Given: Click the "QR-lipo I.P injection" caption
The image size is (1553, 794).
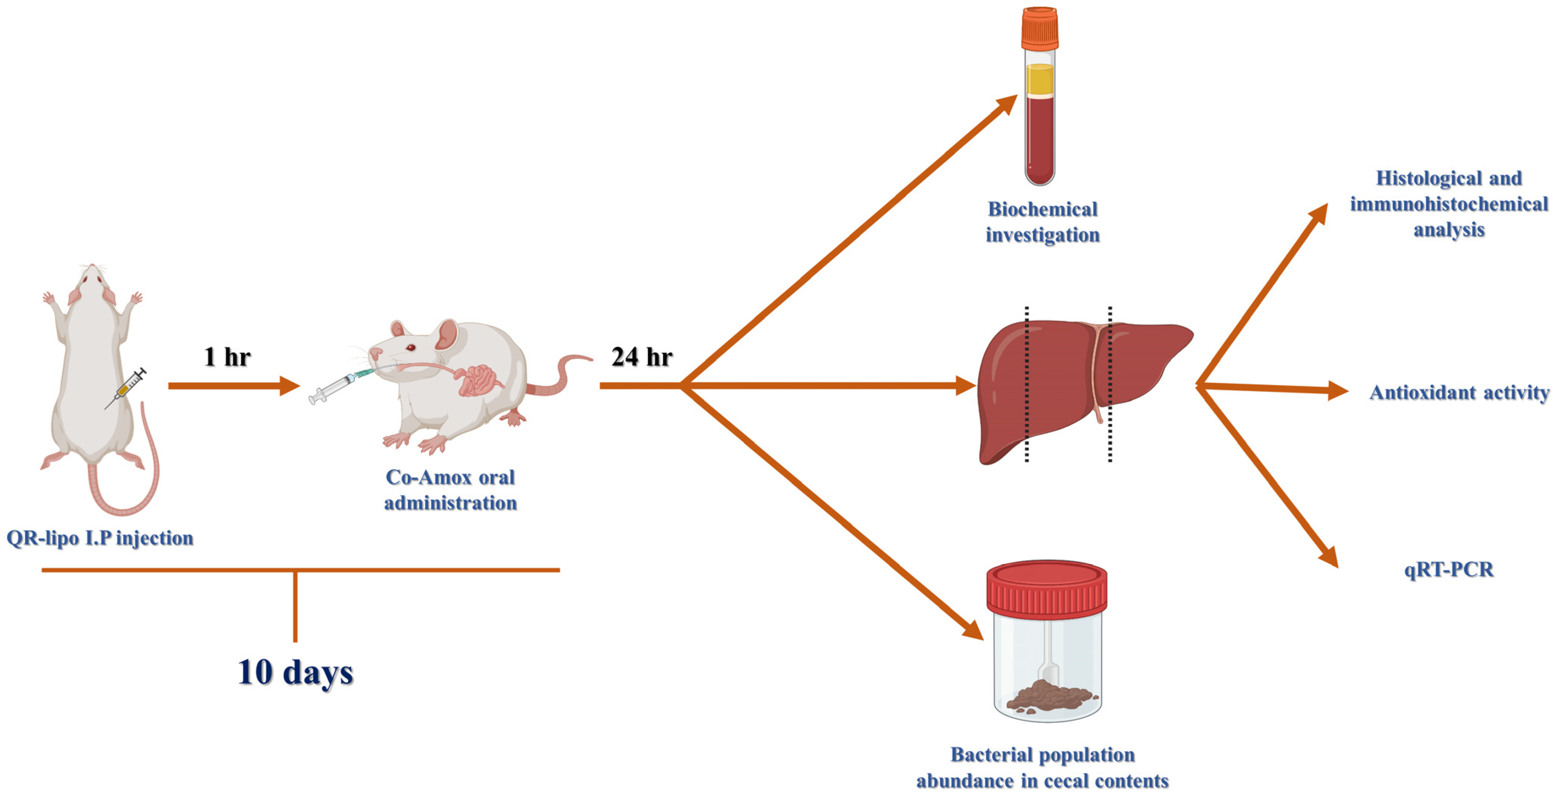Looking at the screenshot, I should (100, 538).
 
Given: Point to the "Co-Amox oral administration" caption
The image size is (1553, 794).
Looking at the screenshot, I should (450, 490).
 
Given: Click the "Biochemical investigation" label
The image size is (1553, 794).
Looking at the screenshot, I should (1042, 222).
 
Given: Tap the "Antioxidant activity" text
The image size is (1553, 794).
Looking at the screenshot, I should (1459, 393).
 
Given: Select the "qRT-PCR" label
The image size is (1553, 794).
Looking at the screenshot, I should (1449, 569).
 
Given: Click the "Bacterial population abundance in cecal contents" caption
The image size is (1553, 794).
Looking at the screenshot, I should (1042, 768).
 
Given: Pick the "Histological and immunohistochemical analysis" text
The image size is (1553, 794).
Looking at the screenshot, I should (1449, 204).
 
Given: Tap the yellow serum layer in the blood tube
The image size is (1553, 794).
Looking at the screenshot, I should (1040, 79).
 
